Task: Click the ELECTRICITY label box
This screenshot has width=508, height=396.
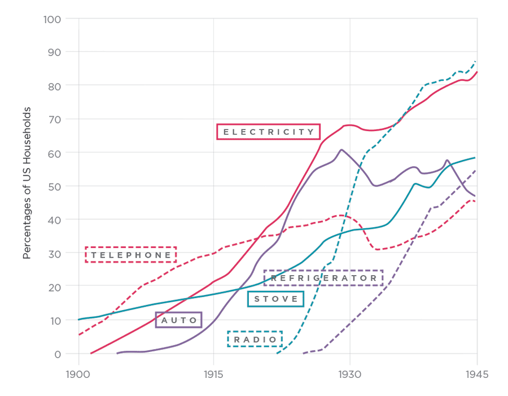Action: [x=269, y=132]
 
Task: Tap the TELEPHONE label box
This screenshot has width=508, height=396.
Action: [x=131, y=255]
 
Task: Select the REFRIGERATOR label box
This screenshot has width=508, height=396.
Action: [x=323, y=278]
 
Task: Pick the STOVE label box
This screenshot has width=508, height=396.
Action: [x=275, y=299]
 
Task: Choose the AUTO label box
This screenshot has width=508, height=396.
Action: [x=178, y=320]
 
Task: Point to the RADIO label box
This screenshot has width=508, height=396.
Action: [x=255, y=339]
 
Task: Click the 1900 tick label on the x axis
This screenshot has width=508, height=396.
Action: [x=78, y=374]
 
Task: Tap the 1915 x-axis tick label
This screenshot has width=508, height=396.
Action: [x=213, y=374]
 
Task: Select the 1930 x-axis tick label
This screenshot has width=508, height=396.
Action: [x=349, y=374]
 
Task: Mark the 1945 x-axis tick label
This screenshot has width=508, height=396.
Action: [x=476, y=374]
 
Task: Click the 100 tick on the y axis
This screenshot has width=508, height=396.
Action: [x=52, y=19]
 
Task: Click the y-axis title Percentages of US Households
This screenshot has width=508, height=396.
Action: [x=27, y=182]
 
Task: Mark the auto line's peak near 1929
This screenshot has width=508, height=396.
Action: [x=341, y=150]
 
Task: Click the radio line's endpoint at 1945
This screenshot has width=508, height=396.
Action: [x=476, y=61]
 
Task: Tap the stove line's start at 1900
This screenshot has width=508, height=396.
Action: [x=79, y=320]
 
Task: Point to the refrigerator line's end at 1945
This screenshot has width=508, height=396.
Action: [x=476, y=170]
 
